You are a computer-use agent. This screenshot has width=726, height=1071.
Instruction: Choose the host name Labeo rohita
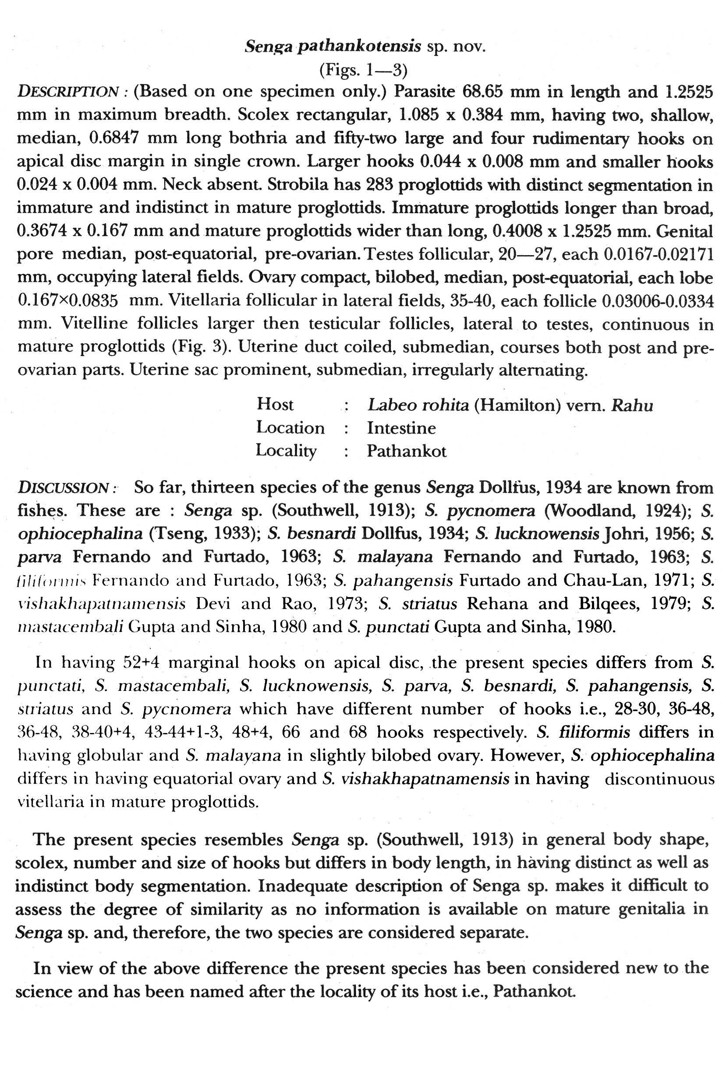[x=418, y=405]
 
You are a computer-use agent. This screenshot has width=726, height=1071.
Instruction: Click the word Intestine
[x=401, y=428]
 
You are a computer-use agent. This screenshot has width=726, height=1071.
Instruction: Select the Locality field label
[x=286, y=450]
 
